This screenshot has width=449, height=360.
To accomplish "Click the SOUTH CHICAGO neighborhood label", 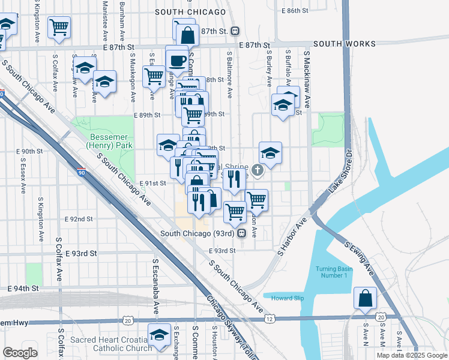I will [190, 12].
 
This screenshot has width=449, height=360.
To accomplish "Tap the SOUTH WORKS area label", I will [344, 44].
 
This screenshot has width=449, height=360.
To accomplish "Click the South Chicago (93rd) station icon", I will [241, 233].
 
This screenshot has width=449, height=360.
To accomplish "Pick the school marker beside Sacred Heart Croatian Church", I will [159, 335].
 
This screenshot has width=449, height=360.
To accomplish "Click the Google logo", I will [19, 353].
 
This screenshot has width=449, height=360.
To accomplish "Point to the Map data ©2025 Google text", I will [412, 355].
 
